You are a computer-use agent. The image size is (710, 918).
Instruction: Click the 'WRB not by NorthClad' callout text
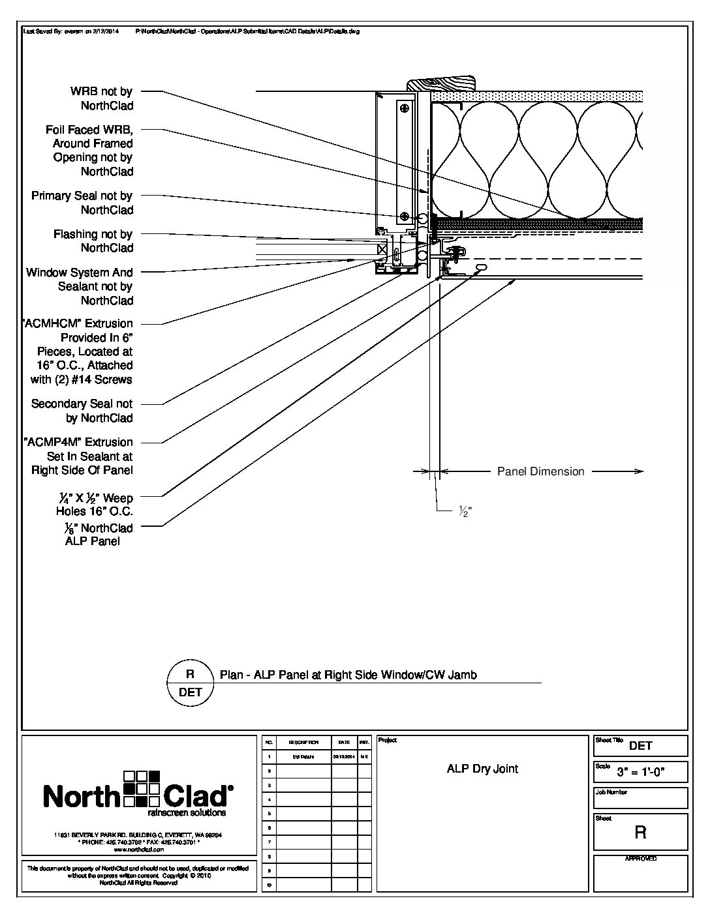pyautogui.click(x=101, y=98)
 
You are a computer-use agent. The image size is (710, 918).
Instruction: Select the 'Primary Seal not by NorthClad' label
pyautogui.click(x=82, y=203)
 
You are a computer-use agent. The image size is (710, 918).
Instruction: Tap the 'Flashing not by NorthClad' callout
pyautogui.click(x=93, y=241)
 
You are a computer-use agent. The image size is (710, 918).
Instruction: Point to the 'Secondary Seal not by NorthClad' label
pyautogui.click(x=82, y=411)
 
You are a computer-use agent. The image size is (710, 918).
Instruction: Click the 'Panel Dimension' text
pyautogui.click(x=540, y=471)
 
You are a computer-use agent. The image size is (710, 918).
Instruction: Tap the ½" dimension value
pyautogui.click(x=464, y=512)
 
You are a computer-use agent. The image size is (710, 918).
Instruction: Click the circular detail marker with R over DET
pyautogui.click(x=190, y=683)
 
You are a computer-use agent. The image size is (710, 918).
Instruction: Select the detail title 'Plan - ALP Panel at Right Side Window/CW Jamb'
pyautogui.click(x=348, y=675)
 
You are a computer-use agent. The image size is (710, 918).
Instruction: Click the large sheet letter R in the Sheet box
pyautogui.click(x=640, y=832)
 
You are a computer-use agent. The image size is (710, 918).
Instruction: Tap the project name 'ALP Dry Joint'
pyautogui.click(x=482, y=769)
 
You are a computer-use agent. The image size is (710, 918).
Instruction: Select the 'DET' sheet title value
pyautogui.click(x=640, y=746)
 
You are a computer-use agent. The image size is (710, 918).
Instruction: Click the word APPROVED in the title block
pyautogui.click(x=640, y=859)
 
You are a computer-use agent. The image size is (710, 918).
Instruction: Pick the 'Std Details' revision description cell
pyautogui.click(x=303, y=757)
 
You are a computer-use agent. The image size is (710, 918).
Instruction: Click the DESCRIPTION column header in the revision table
pyautogui.click(x=303, y=743)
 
